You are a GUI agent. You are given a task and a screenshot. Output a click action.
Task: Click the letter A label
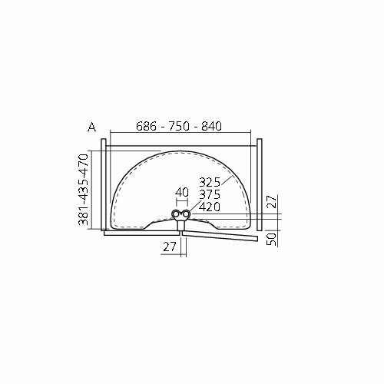tap(91, 127)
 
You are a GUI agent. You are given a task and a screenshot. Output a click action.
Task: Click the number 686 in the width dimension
tap(149, 127)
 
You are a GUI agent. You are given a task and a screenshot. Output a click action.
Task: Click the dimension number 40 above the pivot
tap(182, 192)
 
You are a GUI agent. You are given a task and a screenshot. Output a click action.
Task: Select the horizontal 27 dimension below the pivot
tap(170, 247)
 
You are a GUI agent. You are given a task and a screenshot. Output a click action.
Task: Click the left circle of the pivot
tap(177, 215)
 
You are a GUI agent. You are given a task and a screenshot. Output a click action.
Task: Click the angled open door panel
tap(223, 236)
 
